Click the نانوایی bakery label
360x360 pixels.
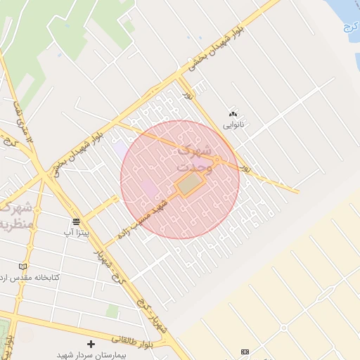point(233,124)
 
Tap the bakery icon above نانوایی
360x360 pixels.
point(233,114)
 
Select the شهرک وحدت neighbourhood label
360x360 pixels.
point(194,159)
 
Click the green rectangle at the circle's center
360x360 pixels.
point(189,185)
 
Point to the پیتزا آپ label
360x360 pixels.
point(77,231)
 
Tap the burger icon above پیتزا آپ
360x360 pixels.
point(76,221)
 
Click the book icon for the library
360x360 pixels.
point(23,266)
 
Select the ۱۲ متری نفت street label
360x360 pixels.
point(22,123)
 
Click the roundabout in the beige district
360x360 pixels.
point(284,328)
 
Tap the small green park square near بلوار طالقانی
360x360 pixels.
point(112,310)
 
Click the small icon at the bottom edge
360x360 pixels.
point(245,351)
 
